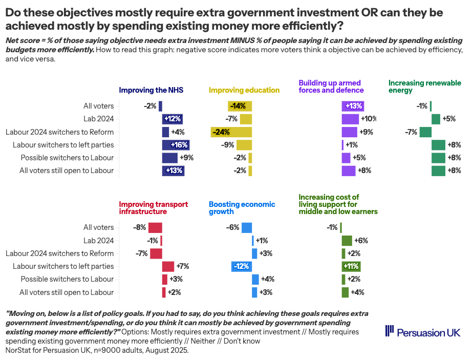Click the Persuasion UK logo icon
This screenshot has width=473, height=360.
(x=390, y=331)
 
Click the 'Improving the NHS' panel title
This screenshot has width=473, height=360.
(x=151, y=90)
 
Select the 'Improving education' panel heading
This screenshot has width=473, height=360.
(x=244, y=90)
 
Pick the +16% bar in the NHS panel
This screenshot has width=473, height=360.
(x=176, y=145)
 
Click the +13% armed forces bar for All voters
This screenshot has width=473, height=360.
(x=353, y=107)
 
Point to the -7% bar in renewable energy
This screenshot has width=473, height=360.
(x=425, y=132)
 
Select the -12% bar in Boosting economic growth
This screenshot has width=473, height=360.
(x=241, y=266)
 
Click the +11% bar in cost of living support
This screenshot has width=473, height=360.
(x=351, y=266)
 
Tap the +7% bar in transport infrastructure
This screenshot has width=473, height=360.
(x=168, y=266)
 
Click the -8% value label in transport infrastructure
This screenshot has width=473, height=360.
(x=139, y=228)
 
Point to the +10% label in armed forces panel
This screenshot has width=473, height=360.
(x=368, y=119)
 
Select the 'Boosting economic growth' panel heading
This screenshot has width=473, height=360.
(x=242, y=208)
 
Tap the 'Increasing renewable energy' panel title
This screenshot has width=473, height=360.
(x=424, y=87)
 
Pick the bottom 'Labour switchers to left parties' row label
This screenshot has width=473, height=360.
(x=63, y=266)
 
